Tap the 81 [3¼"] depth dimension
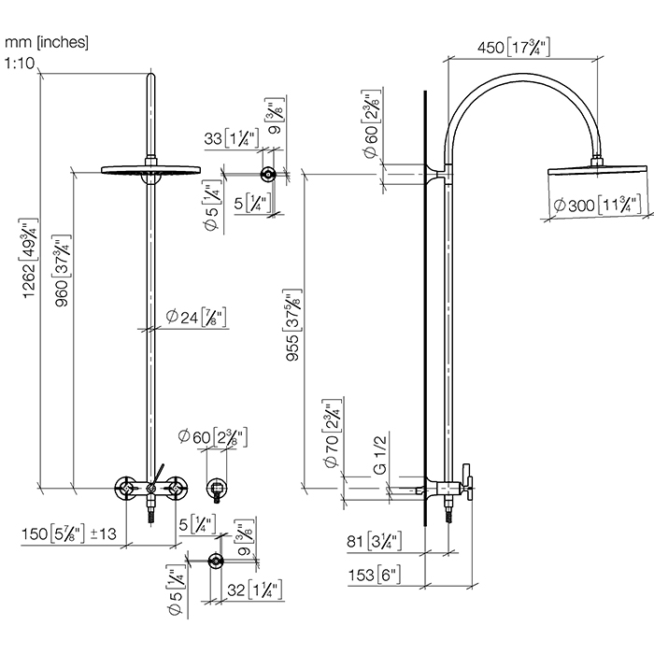[371, 539]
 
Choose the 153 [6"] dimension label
[371, 575]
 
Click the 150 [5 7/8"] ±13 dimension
[70, 533]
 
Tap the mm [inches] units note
[47, 43]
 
